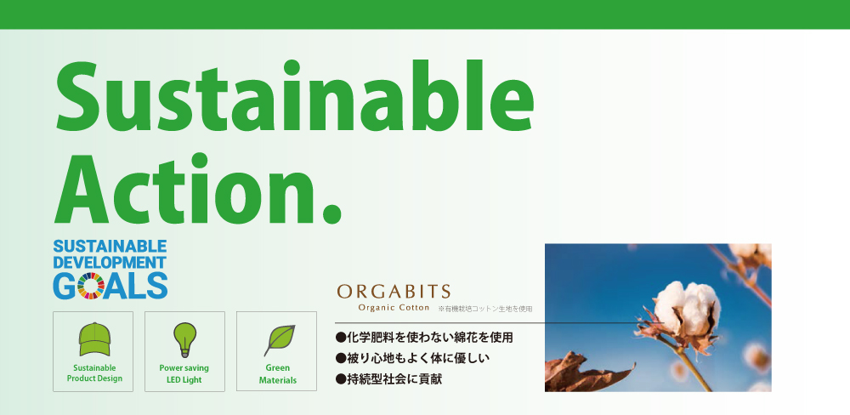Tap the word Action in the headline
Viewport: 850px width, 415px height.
(x=184, y=188)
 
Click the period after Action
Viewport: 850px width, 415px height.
(x=331, y=212)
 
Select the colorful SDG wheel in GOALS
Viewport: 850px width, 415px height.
(x=91, y=286)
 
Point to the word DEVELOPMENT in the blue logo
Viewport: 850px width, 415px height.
(x=110, y=263)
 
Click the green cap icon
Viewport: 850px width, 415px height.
(x=95, y=338)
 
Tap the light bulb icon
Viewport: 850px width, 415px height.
(x=184, y=339)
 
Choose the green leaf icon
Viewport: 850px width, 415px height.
(x=279, y=340)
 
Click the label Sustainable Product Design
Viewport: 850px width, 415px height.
(x=94, y=373)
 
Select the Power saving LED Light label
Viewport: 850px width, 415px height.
(x=184, y=374)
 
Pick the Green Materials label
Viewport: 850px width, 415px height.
(x=278, y=374)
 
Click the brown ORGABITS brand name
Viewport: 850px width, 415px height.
(x=394, y=292)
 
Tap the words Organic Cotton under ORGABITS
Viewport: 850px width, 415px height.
(x=394, y=308)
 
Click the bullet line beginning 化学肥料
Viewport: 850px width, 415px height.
(x=424, y=338)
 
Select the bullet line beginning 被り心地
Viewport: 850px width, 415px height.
(x=413, y=358)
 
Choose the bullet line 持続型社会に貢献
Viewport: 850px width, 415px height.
(x=389, y=378)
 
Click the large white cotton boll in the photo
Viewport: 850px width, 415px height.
(x=687, y=308)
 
